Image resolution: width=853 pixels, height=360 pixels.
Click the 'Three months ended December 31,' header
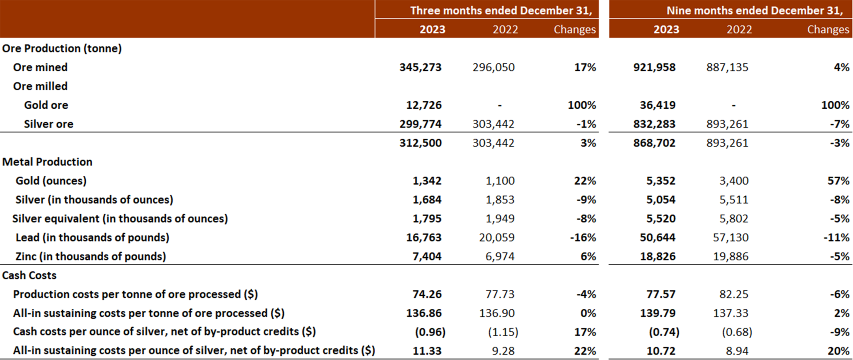click(501, 10)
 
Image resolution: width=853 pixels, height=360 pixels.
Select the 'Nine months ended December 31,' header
click(754, 10)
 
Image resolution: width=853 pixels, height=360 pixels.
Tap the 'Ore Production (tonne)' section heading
click(62, 48)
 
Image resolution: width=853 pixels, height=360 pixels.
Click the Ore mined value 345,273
click(420, 67)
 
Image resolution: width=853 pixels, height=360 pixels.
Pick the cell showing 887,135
click(727, 67)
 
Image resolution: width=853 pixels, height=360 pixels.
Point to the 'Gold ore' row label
click(46, 105)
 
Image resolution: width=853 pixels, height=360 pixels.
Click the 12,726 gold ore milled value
click(424, 105)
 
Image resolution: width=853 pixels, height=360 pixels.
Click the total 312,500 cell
click(420, 143)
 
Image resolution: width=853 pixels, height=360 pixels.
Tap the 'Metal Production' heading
click(47, 162)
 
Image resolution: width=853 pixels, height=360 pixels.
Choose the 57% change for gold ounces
click(838, 181)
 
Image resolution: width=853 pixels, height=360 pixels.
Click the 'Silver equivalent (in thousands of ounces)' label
click(120, 219)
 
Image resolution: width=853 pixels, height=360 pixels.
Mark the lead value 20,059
click(496, 237)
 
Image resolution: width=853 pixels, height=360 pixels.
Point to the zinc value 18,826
click(658, 256)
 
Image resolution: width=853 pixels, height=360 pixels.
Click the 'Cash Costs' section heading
click(29, 275)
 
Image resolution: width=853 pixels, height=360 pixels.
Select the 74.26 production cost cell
click(427, 294)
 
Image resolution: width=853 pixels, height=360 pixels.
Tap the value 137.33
click(731, 313)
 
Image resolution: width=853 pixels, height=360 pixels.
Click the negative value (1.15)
click(503, 332)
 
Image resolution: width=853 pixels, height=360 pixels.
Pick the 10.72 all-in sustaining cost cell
click(661, 351)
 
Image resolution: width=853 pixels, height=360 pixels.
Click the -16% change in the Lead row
click(583, 237)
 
